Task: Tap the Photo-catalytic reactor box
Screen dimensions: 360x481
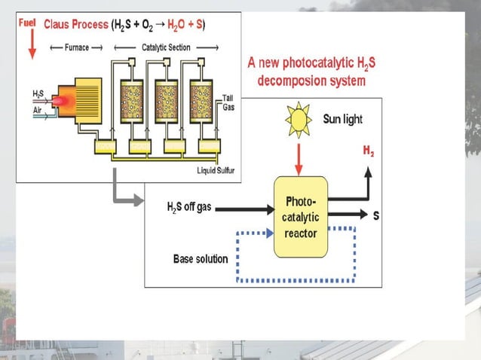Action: click(x=301, y=217)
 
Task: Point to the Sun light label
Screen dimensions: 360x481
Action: click(x=342, y=119)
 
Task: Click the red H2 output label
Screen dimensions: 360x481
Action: click(x=368, y=152)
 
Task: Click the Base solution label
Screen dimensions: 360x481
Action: click(x=201, y=258)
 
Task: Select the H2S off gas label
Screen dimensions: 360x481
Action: click(x=189, y=206)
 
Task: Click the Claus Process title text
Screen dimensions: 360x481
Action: click(x=76, y=25)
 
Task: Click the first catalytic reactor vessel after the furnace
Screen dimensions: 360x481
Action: click(x=133, y=97)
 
